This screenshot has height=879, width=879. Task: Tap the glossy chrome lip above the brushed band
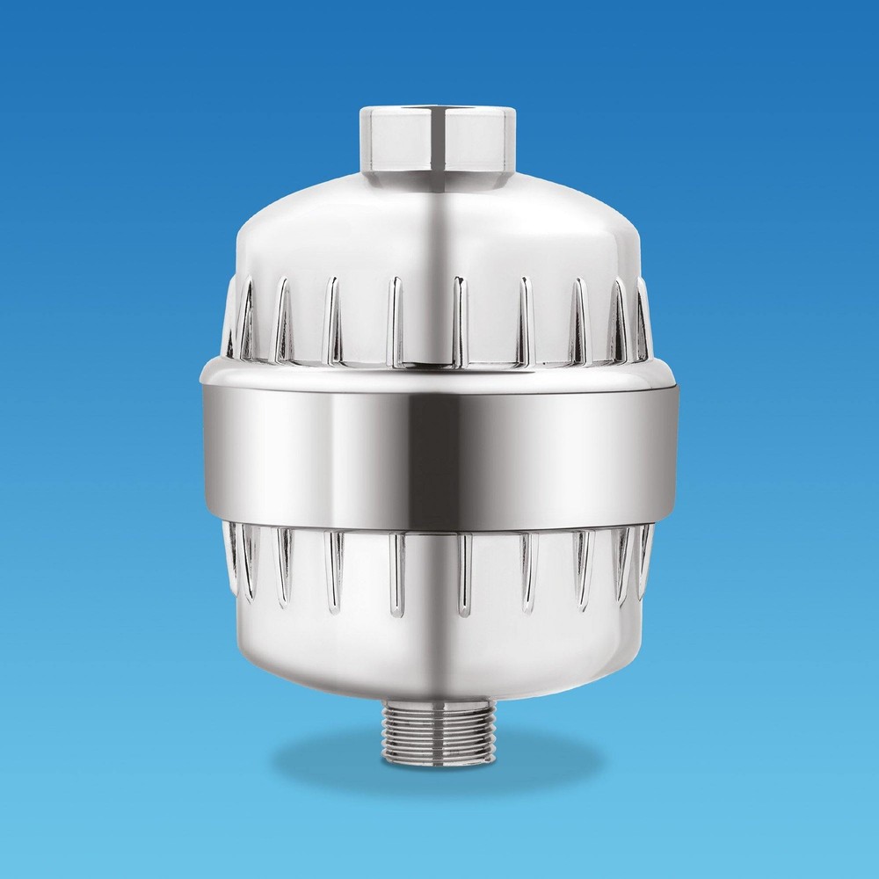coord(439,374)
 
